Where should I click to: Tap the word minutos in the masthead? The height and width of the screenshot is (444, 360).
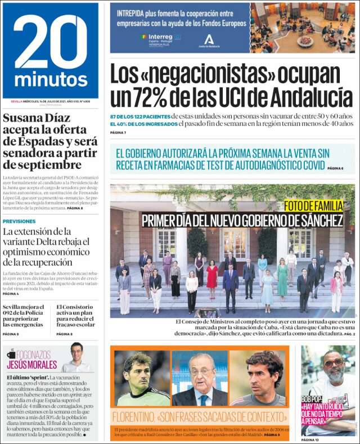click(50, 79)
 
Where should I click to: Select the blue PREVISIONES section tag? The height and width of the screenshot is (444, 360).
click(19, 221)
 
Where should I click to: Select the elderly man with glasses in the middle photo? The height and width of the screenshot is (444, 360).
click(200, 380)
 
